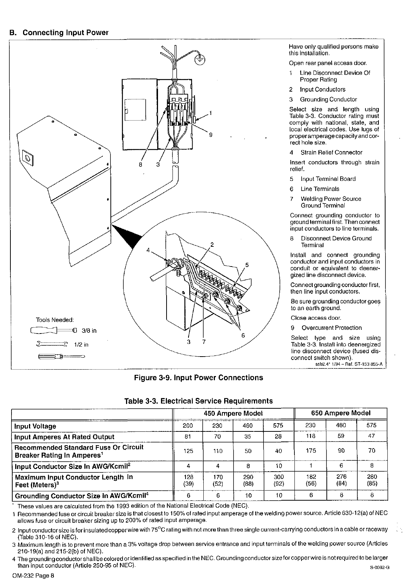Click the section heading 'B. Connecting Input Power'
tap(59, 32)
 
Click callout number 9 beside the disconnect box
tap(210, 135)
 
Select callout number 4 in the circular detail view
tap(148, 251)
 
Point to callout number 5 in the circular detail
tap(246, 265)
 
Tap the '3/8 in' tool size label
tap(89, 331)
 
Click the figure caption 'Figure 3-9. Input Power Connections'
tap(199, 378)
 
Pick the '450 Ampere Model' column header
tap(233, 413)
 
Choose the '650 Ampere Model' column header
tap(341, 413)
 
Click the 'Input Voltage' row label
tap(35, 426)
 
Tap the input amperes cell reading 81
tap(188, 436)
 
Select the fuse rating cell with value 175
tap(310, 450)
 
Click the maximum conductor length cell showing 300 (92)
tap(278, 480)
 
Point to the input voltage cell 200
tap(188, 425)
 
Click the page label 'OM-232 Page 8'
tap(32, 575)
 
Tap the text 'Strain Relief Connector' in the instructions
tap(331, 152)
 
